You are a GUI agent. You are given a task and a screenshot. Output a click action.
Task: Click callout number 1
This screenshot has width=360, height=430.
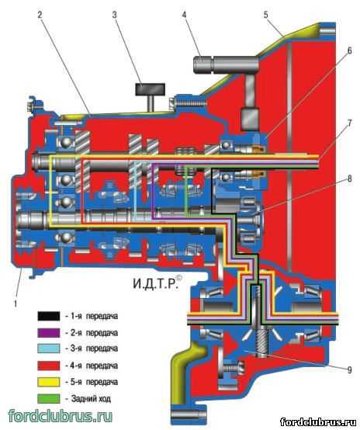[16, 303]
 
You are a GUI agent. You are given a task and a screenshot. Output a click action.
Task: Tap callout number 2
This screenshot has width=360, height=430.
[40, 15]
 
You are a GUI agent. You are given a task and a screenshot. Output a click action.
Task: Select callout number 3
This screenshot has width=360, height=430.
[115, 15]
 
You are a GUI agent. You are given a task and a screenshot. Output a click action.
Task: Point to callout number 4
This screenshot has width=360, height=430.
[184, 15]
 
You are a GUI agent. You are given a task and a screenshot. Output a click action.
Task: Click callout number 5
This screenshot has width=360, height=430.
[265, 15]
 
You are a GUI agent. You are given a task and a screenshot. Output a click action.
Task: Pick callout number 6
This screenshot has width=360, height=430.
[349, 51]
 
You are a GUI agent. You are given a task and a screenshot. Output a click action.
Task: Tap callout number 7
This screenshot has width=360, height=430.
[350, 123]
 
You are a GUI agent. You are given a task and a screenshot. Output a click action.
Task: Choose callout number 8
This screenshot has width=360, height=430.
[350, 179]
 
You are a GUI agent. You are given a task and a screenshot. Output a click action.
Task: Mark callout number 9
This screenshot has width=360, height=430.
[350, 370]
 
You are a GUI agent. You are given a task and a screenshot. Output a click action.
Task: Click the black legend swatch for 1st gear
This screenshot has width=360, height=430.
[49, 316]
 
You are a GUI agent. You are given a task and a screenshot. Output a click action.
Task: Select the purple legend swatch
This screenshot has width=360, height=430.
[49, 333]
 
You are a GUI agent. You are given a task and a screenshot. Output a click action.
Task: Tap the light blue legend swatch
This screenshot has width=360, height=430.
[49, 349]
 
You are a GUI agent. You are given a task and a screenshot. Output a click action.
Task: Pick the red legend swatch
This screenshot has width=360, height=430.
[49, 366]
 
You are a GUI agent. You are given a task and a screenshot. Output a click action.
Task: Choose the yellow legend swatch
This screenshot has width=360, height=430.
[49, 382]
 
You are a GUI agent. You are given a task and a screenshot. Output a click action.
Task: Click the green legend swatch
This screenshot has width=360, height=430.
[49, 398]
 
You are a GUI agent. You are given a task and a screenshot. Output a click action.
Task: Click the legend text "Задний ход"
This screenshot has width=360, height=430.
[91, 398]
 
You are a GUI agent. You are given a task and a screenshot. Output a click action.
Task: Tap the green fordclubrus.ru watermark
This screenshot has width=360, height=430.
[60, 415]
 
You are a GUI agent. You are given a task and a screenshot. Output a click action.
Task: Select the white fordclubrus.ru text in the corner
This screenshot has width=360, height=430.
[320, 421]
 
